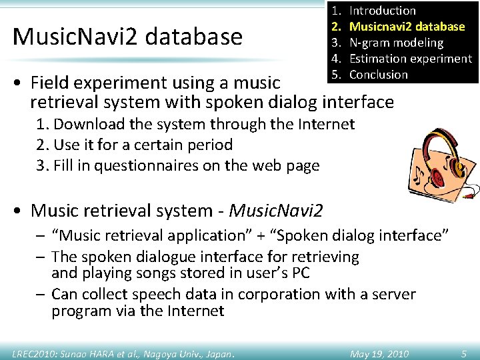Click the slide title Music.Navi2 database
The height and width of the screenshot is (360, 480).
point(127,36)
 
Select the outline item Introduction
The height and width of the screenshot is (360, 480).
point(382,11)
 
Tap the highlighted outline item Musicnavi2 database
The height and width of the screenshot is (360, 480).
point(407,27)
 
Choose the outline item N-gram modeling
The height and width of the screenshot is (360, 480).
point(396,43)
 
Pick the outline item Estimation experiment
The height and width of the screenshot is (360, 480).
point(410,59)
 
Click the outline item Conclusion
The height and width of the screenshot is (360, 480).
point(378,75)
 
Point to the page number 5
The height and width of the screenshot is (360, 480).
point(463,353)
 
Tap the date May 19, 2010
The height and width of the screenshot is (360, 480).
point(379,353)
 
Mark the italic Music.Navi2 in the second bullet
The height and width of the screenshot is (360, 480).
point(276,211)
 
